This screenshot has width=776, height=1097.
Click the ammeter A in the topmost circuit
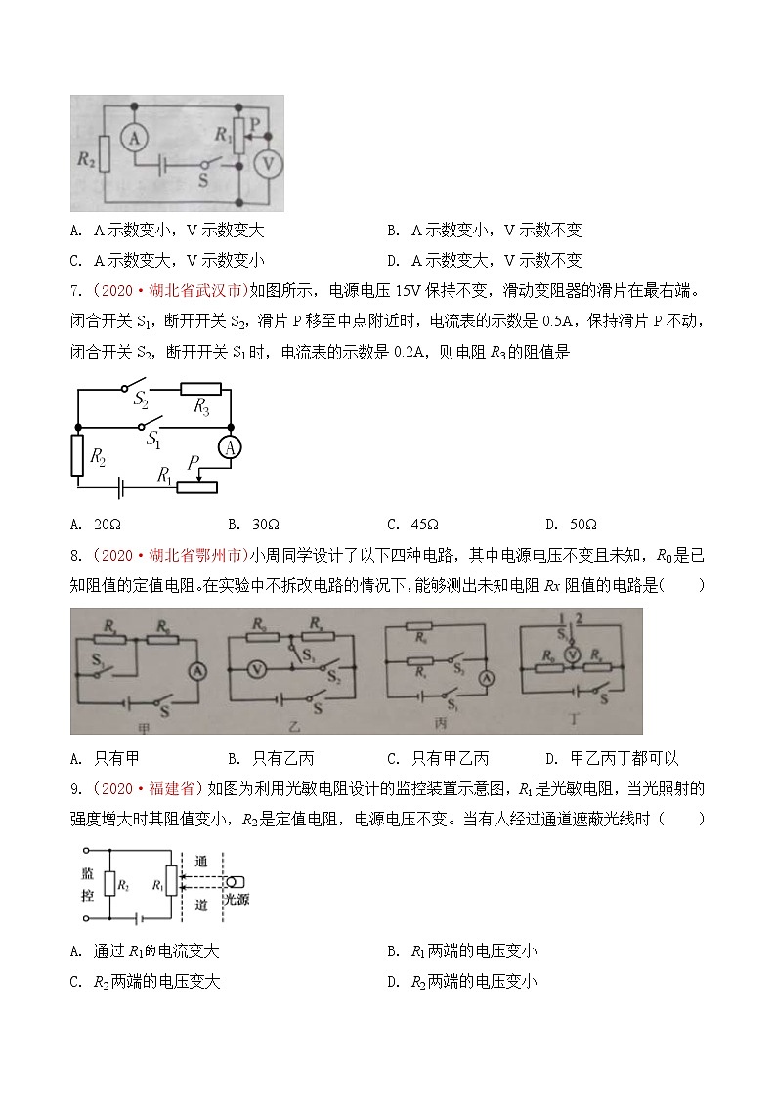point(133,140)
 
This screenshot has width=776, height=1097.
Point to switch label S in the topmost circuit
point(203,181)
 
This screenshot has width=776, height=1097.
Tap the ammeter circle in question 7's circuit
point(231,447)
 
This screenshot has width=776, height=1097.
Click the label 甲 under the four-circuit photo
point(139,724)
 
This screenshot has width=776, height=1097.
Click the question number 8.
point(75,555)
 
